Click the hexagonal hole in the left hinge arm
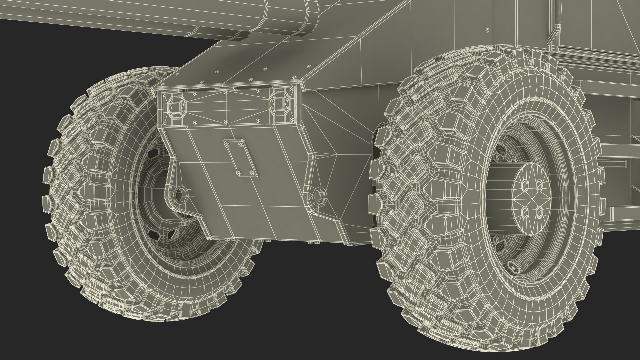[x=180, y=195]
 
